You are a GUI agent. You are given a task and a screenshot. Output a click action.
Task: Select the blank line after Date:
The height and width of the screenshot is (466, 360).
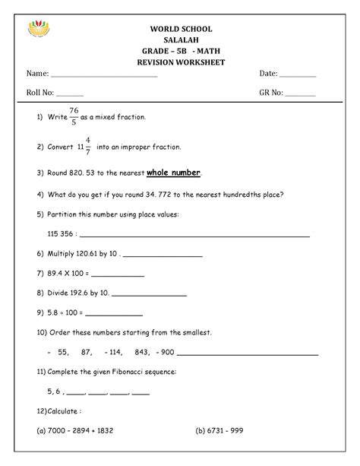298,78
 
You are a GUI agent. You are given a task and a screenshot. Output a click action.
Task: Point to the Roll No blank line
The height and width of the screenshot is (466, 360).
71,96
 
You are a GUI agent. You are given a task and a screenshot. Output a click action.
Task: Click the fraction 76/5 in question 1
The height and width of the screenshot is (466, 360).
74,117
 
